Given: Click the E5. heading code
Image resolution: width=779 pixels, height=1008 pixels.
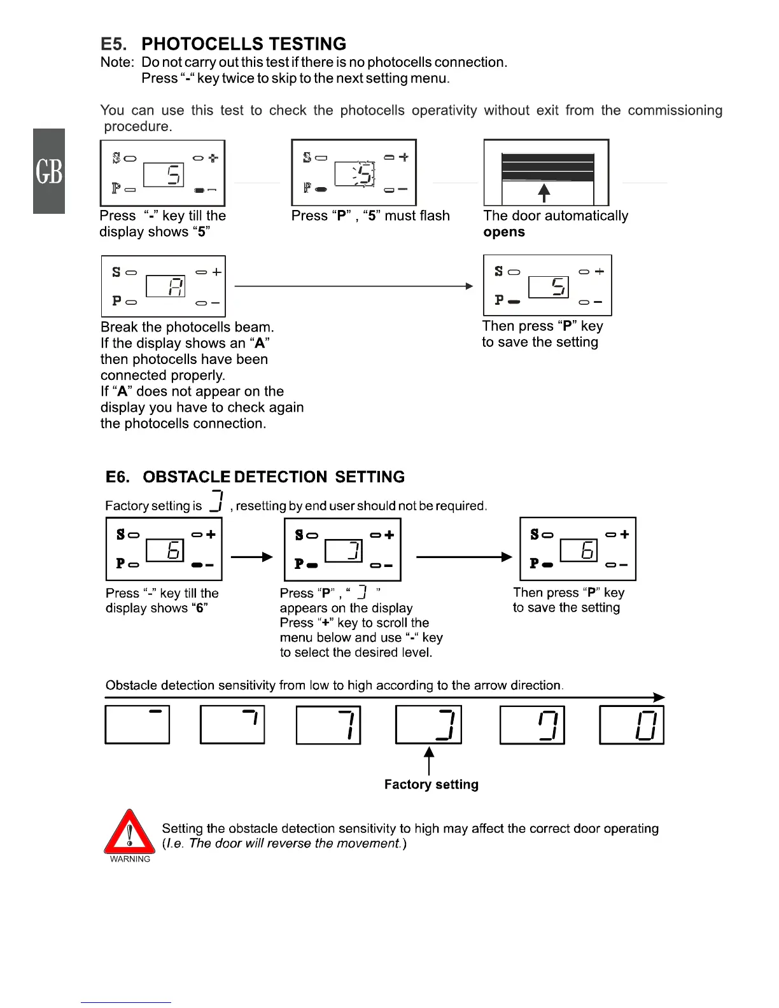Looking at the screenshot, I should [113, 44].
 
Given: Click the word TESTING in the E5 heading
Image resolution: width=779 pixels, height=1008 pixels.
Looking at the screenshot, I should [307, 44].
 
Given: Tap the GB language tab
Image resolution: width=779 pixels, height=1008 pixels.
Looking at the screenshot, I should [49, 171].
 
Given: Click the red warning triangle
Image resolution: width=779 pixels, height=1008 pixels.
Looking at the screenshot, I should [130, 832].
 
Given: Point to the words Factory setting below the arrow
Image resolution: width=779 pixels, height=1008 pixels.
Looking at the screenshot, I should [431, 785].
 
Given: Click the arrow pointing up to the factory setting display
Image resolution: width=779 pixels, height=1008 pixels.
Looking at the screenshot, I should [429, 760].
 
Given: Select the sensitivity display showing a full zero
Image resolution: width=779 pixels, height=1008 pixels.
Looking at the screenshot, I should [631, 725].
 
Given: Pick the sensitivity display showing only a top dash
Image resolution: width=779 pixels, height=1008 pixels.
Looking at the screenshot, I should [137, 725].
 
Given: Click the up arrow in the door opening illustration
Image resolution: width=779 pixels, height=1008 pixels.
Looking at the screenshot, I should [544, 192].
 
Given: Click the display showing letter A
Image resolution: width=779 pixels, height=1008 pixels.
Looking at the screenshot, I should [165, 286].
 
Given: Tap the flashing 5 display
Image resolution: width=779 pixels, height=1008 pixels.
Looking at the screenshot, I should [355, 174].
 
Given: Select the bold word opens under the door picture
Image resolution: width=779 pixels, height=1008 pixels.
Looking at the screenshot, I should [504, 232].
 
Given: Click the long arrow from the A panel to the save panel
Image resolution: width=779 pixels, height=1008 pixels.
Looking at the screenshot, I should [353, 286].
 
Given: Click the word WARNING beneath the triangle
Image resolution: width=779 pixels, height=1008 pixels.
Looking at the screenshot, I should [130, 859].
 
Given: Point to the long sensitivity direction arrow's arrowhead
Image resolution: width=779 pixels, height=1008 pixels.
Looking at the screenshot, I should [659, 697].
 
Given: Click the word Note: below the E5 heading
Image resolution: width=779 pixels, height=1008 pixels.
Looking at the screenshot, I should [117, 62].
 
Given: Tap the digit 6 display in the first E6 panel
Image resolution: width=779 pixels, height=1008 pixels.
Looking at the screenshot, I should [165, 550].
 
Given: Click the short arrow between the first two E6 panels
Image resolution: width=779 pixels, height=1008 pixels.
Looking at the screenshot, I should [251, 557].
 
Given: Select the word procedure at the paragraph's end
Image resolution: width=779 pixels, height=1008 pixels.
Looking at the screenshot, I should [137, 127].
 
